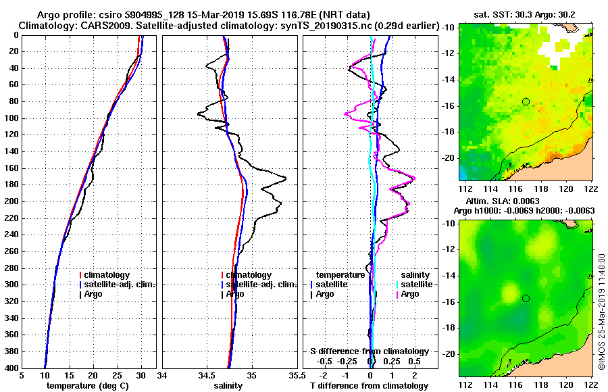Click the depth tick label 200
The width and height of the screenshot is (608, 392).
tap(11, 201)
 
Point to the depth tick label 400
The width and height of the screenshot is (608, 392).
tap(11, 368)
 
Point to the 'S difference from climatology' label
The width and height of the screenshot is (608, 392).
tap(369, 351)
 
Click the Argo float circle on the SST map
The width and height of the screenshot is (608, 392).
tap(526, 101)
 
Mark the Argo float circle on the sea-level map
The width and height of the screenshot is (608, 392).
tap(526, 298)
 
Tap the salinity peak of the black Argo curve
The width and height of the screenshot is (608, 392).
tap(285, 178)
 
